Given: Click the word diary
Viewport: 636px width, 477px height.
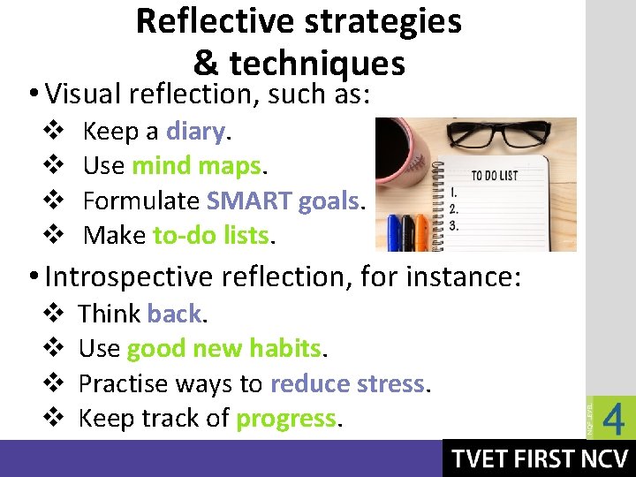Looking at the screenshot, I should [x=195, y=132].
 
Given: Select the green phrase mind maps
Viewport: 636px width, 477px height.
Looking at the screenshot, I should [x=196, y=166].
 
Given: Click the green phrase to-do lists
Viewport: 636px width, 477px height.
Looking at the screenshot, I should [x=211, y=235].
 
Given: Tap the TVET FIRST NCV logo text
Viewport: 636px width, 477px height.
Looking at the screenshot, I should [x=540, y=458].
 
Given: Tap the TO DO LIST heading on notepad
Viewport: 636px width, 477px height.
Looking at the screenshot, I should [x=495, y=175].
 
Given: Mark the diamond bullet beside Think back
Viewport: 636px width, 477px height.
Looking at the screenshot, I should [x=50, y=314].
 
